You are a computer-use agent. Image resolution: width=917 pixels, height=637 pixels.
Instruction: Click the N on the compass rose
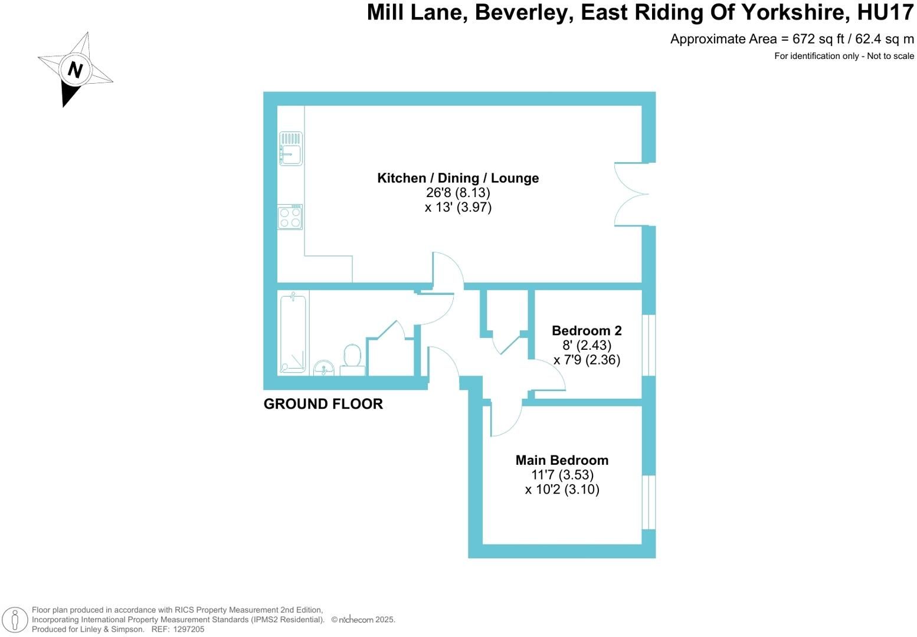(75, 70)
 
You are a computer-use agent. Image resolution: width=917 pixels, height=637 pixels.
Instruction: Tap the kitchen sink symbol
(291, 149)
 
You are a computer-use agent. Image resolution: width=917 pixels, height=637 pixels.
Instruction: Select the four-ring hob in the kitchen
(290, 217)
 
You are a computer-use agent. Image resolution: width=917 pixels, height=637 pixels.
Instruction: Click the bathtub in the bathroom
(293, 333)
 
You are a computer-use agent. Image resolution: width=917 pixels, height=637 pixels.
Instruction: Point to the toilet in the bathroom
(352, 360)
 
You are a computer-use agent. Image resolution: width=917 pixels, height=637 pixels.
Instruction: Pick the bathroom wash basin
(324, 368)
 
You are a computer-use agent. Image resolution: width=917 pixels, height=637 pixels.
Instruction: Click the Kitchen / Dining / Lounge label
(458, 178)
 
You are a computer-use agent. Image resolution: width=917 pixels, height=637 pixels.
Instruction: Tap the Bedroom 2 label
(587, 330)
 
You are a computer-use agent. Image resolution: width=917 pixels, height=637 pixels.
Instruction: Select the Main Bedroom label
(562, 460)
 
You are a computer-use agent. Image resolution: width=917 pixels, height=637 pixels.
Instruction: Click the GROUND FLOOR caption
(323, 404)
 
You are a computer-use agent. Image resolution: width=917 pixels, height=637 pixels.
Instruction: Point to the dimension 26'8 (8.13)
(458, 192)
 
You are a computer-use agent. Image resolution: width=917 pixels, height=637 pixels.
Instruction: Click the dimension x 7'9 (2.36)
(587, 360)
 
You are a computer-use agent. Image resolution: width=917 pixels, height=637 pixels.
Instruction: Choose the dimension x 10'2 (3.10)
(562, 490)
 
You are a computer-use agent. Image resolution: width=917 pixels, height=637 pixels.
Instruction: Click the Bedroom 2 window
(649, 345)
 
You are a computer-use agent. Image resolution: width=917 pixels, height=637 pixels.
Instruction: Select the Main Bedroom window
(649, 502)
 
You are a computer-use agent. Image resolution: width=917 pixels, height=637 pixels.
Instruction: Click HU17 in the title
(885, 12)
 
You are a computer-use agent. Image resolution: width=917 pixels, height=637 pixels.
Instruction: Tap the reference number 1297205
(189, 629)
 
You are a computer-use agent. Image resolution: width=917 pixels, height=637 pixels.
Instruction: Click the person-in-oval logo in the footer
(15, 620)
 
